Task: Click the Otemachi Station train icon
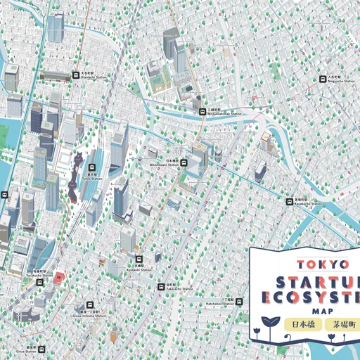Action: coord(75,75)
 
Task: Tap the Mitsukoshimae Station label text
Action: coord(224,113)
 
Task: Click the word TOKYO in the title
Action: coord(323,264)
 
